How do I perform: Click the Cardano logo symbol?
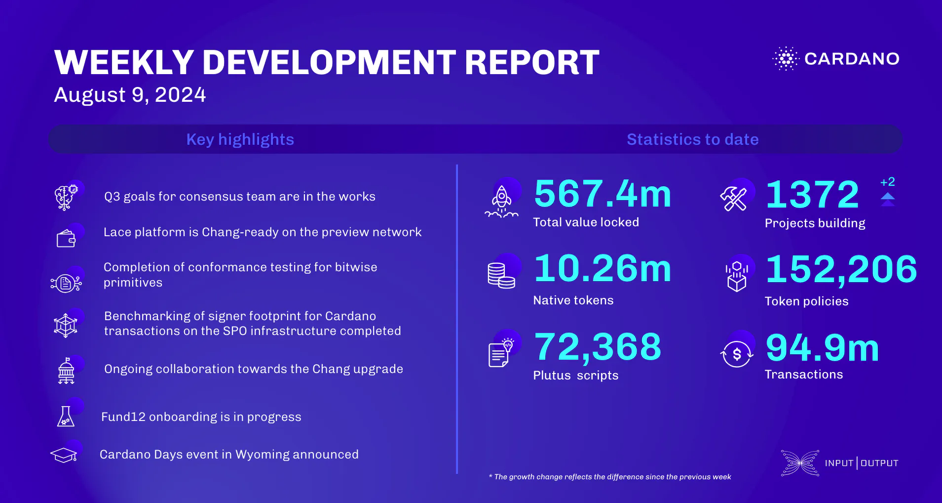tap(786, 59)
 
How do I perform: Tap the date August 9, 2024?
tap(130, 95)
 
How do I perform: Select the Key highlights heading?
tap(240, 139)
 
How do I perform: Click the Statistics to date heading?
tap(692, 139)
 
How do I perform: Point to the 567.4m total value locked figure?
tap(603, 194)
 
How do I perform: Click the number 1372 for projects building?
tap(812, 195)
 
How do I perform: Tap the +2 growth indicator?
tap(887, 182)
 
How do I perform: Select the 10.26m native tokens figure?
tap(603, 269)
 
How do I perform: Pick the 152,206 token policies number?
tap(841, 269)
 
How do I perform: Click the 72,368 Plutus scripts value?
tap(598, 347)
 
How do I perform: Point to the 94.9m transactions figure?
tap(822, 348)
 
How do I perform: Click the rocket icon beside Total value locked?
tap(501, 202)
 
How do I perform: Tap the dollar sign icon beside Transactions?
tap(737, 354)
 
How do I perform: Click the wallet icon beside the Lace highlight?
tap(66, 239)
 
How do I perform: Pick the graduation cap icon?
tap(64, 455)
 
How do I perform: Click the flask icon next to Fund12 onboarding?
tap(66, 417)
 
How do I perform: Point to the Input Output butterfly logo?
tap(800, 463)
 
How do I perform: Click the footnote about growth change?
tap(609, 477)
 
